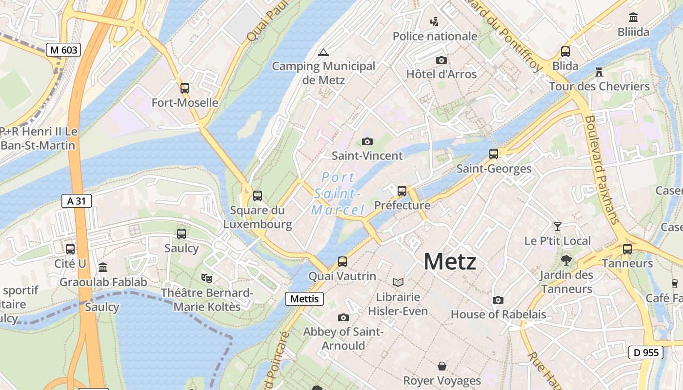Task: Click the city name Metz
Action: [449, 262]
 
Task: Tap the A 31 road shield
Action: [77, 201]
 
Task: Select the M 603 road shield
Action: [63, 49]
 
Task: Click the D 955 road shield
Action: [646, 352]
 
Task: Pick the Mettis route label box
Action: [304, 299]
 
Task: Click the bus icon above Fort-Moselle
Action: [185, 88]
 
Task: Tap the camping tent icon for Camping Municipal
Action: [323, 52]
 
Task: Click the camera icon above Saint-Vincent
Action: [367, 142]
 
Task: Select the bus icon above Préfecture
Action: [402, 191]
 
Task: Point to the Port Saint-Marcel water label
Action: [338, 194]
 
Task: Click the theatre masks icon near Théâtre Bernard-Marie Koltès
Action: [207, 278]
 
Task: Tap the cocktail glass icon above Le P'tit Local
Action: [557, 227]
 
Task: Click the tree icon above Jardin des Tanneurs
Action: [566, 260]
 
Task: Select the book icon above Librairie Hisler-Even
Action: [398, 282]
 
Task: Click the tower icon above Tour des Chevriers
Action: [599, 72]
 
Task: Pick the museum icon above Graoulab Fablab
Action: [103, 268]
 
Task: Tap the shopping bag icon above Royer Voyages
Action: [442, 366]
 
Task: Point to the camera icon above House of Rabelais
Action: [498, 300]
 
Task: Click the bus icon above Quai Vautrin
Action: [342, 262]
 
